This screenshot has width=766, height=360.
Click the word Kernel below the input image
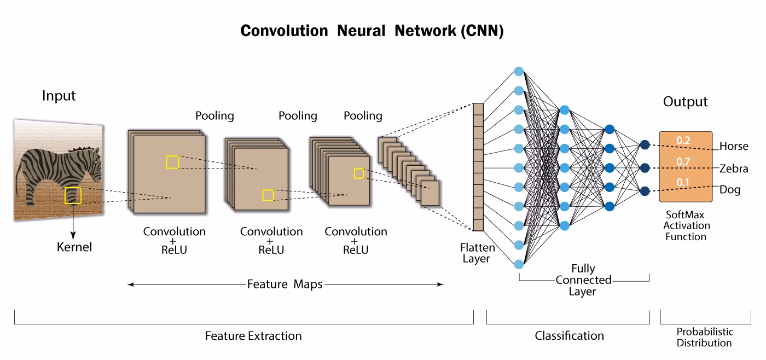pyautogui.click(x=74, y=247)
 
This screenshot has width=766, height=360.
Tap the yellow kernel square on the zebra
pyautogui.click(x=73, y=195)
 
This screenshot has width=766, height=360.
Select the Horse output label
pyautogui.click(x=734, y=147)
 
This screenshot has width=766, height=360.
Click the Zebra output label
pyautogui.click(x=734, y=169)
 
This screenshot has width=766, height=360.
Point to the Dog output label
pyautogui.click(x=730, y=190)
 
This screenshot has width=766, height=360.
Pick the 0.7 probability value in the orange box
pyautogui.click(x=682, y=162)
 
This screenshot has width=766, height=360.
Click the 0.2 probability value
pyautogui.click(x=683, y=141)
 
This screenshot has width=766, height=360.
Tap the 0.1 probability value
pyautogui.click(x=682, y=182)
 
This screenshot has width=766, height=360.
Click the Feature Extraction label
pyautogui.click(x=253, y=335)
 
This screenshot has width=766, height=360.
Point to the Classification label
pyautogui.click(x=569, y=335)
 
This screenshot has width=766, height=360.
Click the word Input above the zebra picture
pyautogui.click(x=59, y=96)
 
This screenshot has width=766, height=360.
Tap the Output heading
pyautogui.click(x=685, y=102)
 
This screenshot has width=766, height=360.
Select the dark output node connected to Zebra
pyautogui.click(x=645, y=167)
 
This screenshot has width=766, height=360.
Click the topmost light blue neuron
pyautogui.click(x=519, y=71)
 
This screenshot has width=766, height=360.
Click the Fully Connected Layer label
pyautogui.click(x=583, y=280)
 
